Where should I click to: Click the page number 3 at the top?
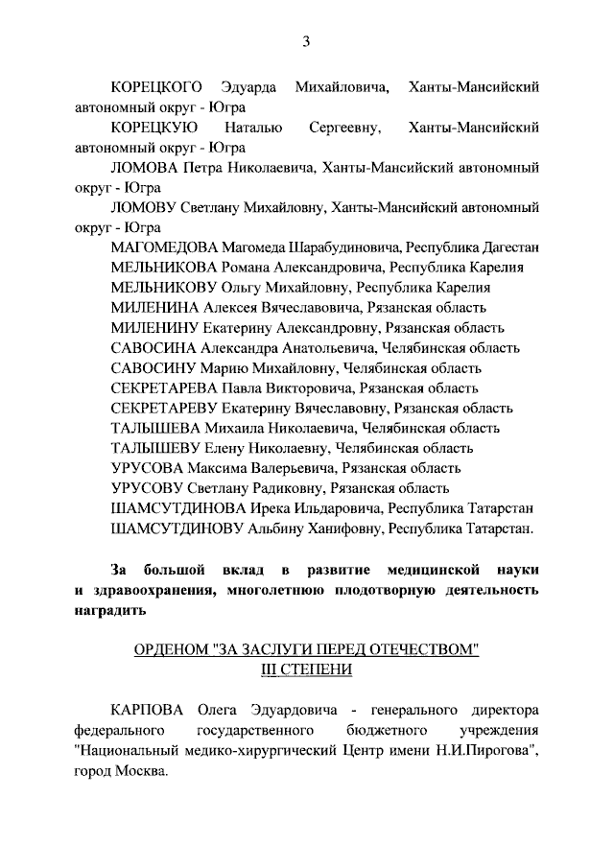[x=306, y=40]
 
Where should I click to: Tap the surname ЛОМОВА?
[x=146, y=167]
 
